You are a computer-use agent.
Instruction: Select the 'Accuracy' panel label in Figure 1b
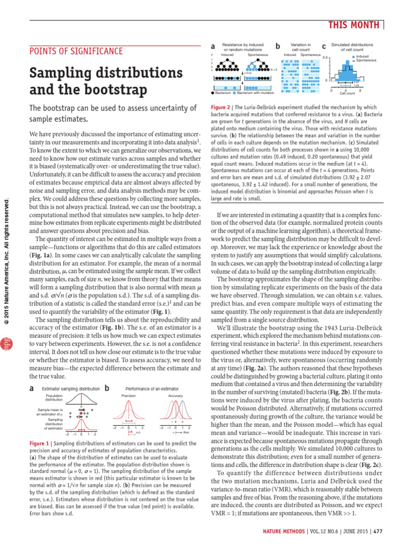point(175,395)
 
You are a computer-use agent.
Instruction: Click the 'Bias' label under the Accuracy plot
point(186,432)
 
